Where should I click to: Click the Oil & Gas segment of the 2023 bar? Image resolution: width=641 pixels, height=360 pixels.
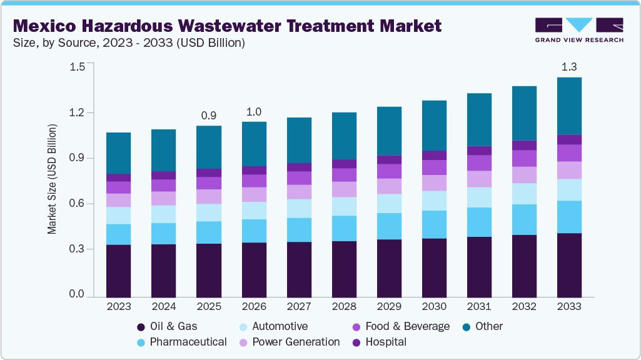click(x=119, y=270)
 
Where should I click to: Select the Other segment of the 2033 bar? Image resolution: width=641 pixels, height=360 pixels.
click(x=570, y=106)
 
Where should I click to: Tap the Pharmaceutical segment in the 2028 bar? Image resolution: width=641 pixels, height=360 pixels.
click(x=344, y=228)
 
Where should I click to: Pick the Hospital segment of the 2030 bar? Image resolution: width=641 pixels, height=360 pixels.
click(x=434, y=155)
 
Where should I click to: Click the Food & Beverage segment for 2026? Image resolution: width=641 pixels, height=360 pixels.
click(x=254, y=181)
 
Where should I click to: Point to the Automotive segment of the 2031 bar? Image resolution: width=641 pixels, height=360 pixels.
click(x=480, y=197)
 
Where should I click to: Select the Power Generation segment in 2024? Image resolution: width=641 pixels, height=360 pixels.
click(x=164, y=198)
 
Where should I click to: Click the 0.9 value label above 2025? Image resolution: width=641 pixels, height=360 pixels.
click(x=209, y=116)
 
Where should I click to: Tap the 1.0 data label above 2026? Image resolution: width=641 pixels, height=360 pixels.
click(x=254, y=111)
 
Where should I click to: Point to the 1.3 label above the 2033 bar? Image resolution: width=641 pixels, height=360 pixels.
click(x=570, y=67)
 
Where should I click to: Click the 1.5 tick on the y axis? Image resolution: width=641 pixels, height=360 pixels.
click(x=77, y=67)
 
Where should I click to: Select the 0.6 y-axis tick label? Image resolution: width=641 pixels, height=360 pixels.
click(x=77, y=204)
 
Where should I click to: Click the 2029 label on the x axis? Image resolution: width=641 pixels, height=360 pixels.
click(x=389, y=307)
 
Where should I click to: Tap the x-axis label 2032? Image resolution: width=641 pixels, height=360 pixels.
click(x=525, y=307)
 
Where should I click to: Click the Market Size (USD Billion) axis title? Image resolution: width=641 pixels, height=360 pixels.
click(x=53, y=179)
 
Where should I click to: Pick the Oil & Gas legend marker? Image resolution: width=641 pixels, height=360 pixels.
click(x=141, y=327)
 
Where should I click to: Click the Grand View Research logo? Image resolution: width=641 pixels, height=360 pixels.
click(x=579, y=29)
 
